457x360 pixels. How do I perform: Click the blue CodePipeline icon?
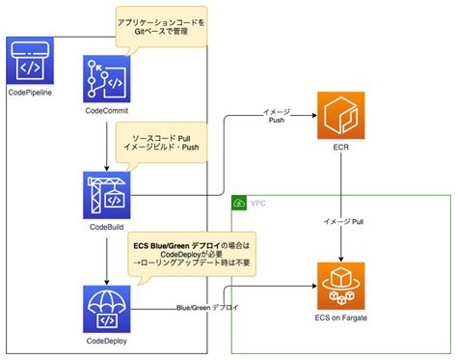(29, 64)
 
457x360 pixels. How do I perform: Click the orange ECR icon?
(342, 118)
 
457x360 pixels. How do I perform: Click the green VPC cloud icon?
(239, 204)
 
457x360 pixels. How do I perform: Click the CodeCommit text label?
(106, 116)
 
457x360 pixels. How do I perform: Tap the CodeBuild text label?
(106, 228)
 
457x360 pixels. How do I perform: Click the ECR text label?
(342, 151)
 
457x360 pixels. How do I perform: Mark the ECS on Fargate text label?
(342, 317)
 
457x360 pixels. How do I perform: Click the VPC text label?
(259, 204)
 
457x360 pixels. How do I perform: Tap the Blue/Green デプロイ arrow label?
(207, 307)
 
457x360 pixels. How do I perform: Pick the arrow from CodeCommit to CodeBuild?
(106, 145)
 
